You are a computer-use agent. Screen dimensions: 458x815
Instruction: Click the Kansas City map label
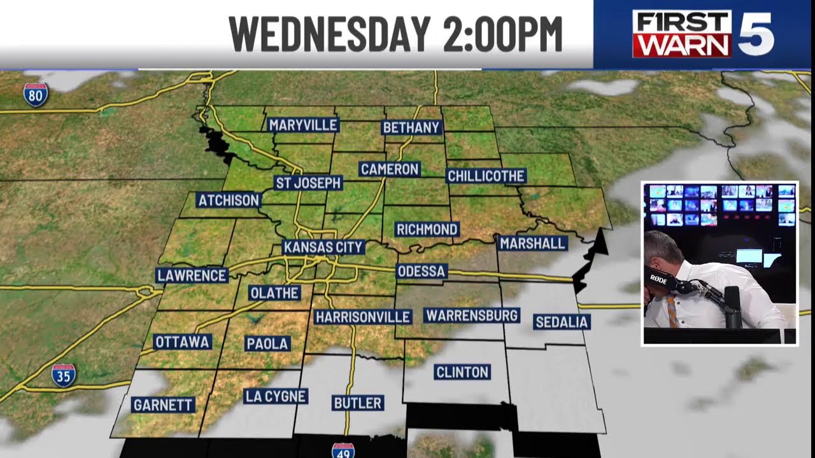[323, 247]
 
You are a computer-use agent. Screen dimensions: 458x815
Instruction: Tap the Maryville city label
[302, 125]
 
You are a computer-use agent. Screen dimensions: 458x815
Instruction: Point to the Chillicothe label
[486, 176]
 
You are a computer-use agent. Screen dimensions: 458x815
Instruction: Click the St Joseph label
[308, 183]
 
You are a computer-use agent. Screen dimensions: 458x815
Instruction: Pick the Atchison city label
[229, 200]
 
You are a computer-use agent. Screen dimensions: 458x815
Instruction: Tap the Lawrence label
[192, 275]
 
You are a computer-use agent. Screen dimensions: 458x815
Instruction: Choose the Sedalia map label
[562, 322]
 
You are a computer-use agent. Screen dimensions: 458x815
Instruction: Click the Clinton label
[462, 372]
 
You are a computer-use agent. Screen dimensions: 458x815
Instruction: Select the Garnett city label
[163, 405]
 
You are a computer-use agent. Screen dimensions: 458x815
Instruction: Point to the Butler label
[358, 403]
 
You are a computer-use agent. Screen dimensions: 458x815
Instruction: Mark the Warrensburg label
[472, 316]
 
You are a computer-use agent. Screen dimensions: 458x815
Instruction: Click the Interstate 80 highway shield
[36, 95]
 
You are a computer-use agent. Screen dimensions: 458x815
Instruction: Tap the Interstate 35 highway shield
[64, 375]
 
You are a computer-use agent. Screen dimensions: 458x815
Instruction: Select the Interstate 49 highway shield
[343, 450]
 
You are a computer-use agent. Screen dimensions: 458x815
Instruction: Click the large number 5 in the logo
[755, 34]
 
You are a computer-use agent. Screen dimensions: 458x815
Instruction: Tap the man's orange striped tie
[672, 312]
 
